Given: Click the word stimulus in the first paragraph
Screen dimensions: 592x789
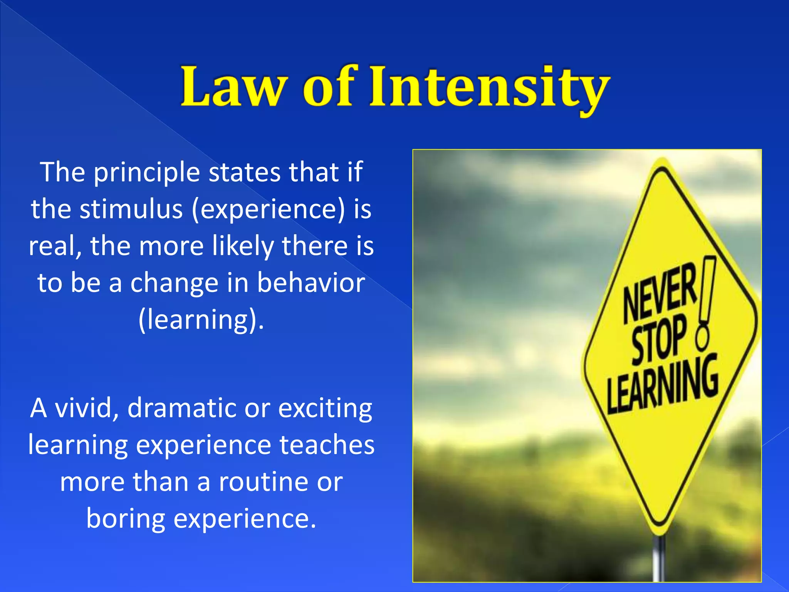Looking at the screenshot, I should (131, 209).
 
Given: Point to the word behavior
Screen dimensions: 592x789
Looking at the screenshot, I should (311, 283).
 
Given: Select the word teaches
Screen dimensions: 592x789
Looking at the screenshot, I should (326, 444).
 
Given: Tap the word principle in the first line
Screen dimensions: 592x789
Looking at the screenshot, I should (147, 173).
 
